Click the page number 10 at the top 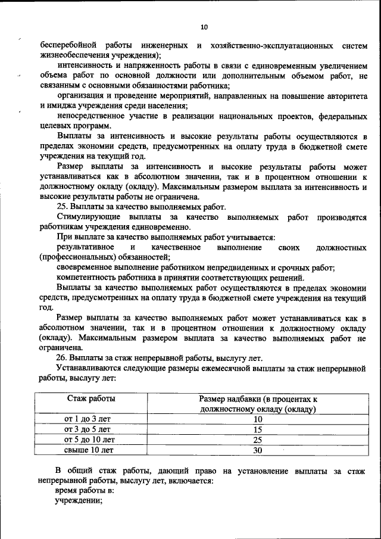pos(204,27)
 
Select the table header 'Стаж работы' pos(91,398)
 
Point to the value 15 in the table pos(257,429)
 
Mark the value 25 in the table pos(257,440)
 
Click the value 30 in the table pos(257,450)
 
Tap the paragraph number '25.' pos(62,207)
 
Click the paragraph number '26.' pos(62,358)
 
